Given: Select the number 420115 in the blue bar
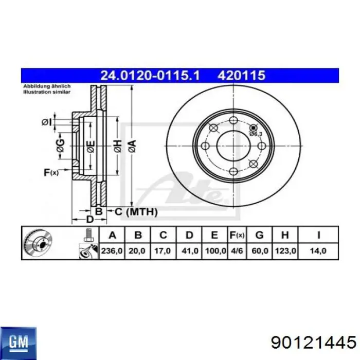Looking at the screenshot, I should pos(242,76).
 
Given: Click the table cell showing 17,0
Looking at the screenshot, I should pos(164,251).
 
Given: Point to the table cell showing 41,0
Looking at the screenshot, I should pos(189,251).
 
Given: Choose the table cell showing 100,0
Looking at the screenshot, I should pos(215,251).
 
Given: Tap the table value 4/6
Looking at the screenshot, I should pos(237,251).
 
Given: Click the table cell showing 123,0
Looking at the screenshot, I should pos(285,251).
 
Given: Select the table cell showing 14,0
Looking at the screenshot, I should pos(318,251).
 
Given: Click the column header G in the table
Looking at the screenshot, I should pos(260,236).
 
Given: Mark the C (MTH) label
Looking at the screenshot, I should pos(135,211).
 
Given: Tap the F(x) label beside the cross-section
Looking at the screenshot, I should pos(51,173).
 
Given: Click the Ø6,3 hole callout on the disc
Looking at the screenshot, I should pos(256,133).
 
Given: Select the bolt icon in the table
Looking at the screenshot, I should pos(87,235).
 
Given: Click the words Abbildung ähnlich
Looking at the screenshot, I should pos(42,87).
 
